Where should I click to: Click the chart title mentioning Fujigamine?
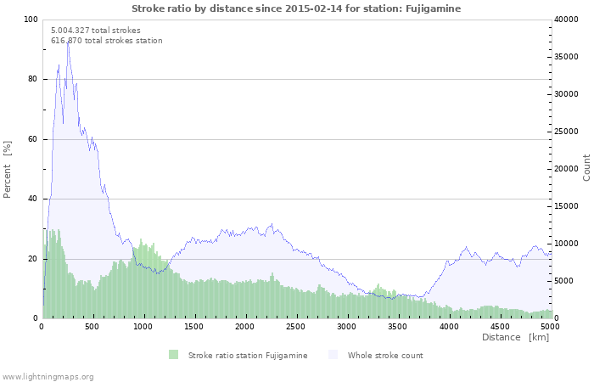(296, 8)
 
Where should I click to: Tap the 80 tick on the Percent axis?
(32, 79)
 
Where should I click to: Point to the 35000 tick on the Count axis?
(566, 57)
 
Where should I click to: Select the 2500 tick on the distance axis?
(295, 327)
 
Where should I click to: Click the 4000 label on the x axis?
(449, 327)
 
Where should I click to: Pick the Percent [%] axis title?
(7, 170)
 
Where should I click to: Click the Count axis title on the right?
(586, 168)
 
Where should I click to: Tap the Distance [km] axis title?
(515, 337)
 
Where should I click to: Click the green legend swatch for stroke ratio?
(173, 355)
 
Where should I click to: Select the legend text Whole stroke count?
(385, 356)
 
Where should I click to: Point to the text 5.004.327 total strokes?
(96, 31)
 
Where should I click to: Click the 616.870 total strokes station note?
(107, 41)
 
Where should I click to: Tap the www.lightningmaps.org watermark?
(47, 377)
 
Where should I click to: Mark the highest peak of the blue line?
(68, 42)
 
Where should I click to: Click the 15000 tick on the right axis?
(566, 206)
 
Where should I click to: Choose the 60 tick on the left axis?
(32, 139)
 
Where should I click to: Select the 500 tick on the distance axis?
(92, 327)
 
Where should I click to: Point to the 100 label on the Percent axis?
(31, 20)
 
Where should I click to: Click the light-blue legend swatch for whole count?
(333, 355)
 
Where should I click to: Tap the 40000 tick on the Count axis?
(566, 20)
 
